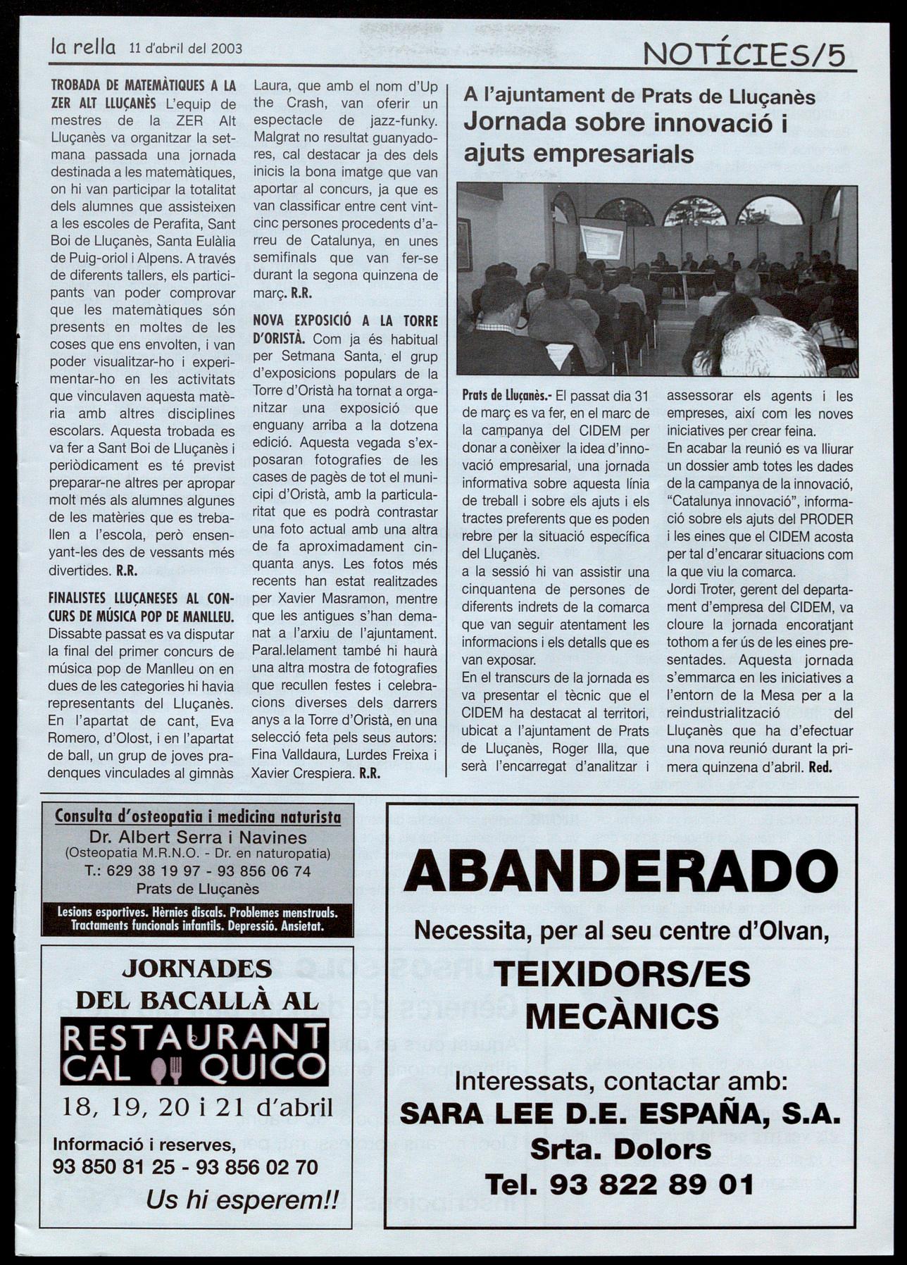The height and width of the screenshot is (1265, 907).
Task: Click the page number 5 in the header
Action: (837, 55)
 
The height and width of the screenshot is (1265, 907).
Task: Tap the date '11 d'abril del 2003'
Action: (186, 49)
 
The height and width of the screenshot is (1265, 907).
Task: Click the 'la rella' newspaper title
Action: (83, 47)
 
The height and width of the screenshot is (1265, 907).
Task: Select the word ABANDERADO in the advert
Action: (620, 872)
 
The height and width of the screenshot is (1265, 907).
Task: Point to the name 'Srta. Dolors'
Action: (620, 1149)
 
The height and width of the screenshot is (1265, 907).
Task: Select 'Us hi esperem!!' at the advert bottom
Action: (242, 1199)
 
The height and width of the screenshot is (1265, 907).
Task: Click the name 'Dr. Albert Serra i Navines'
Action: (198, 837)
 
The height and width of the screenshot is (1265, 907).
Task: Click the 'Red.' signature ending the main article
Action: (820, 768)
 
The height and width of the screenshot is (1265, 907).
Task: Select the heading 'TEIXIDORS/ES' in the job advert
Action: (622, 975)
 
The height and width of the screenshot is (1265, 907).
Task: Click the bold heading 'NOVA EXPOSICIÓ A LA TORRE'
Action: (345, 321)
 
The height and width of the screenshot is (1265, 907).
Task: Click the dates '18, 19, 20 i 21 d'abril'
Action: (197, 1107)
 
